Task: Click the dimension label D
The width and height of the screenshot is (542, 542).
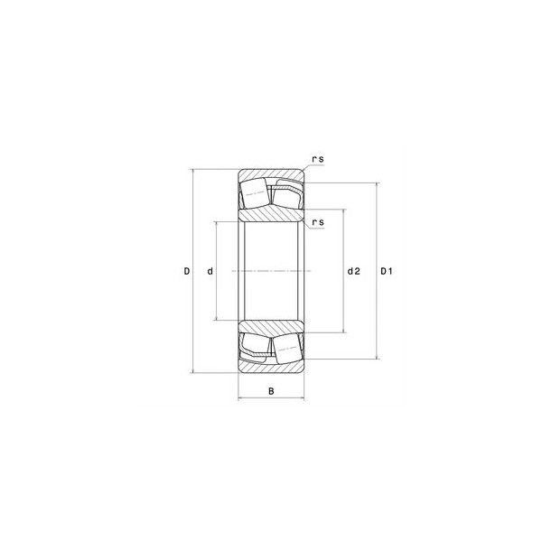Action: click(187, 271)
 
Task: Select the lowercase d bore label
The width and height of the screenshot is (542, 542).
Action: click(210, 271)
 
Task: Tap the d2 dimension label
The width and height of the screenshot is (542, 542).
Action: click(353, 271)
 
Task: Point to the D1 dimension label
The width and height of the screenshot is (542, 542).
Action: click(387, 271)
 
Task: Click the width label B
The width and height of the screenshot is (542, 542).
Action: click(271, 391)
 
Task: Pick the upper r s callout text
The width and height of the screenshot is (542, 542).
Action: click(318, 159)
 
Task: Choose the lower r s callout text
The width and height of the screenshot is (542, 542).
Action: click(318, 222)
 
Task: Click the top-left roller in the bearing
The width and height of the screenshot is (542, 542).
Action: click(255, 193)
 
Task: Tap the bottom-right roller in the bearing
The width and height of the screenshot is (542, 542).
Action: click(286, 349)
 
